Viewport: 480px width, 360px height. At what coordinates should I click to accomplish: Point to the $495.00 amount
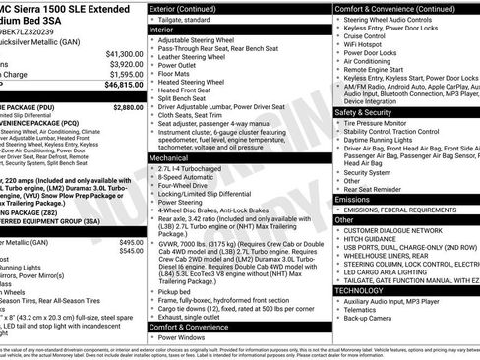(131, 242)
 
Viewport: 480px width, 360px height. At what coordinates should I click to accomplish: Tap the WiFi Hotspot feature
(364, 45)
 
